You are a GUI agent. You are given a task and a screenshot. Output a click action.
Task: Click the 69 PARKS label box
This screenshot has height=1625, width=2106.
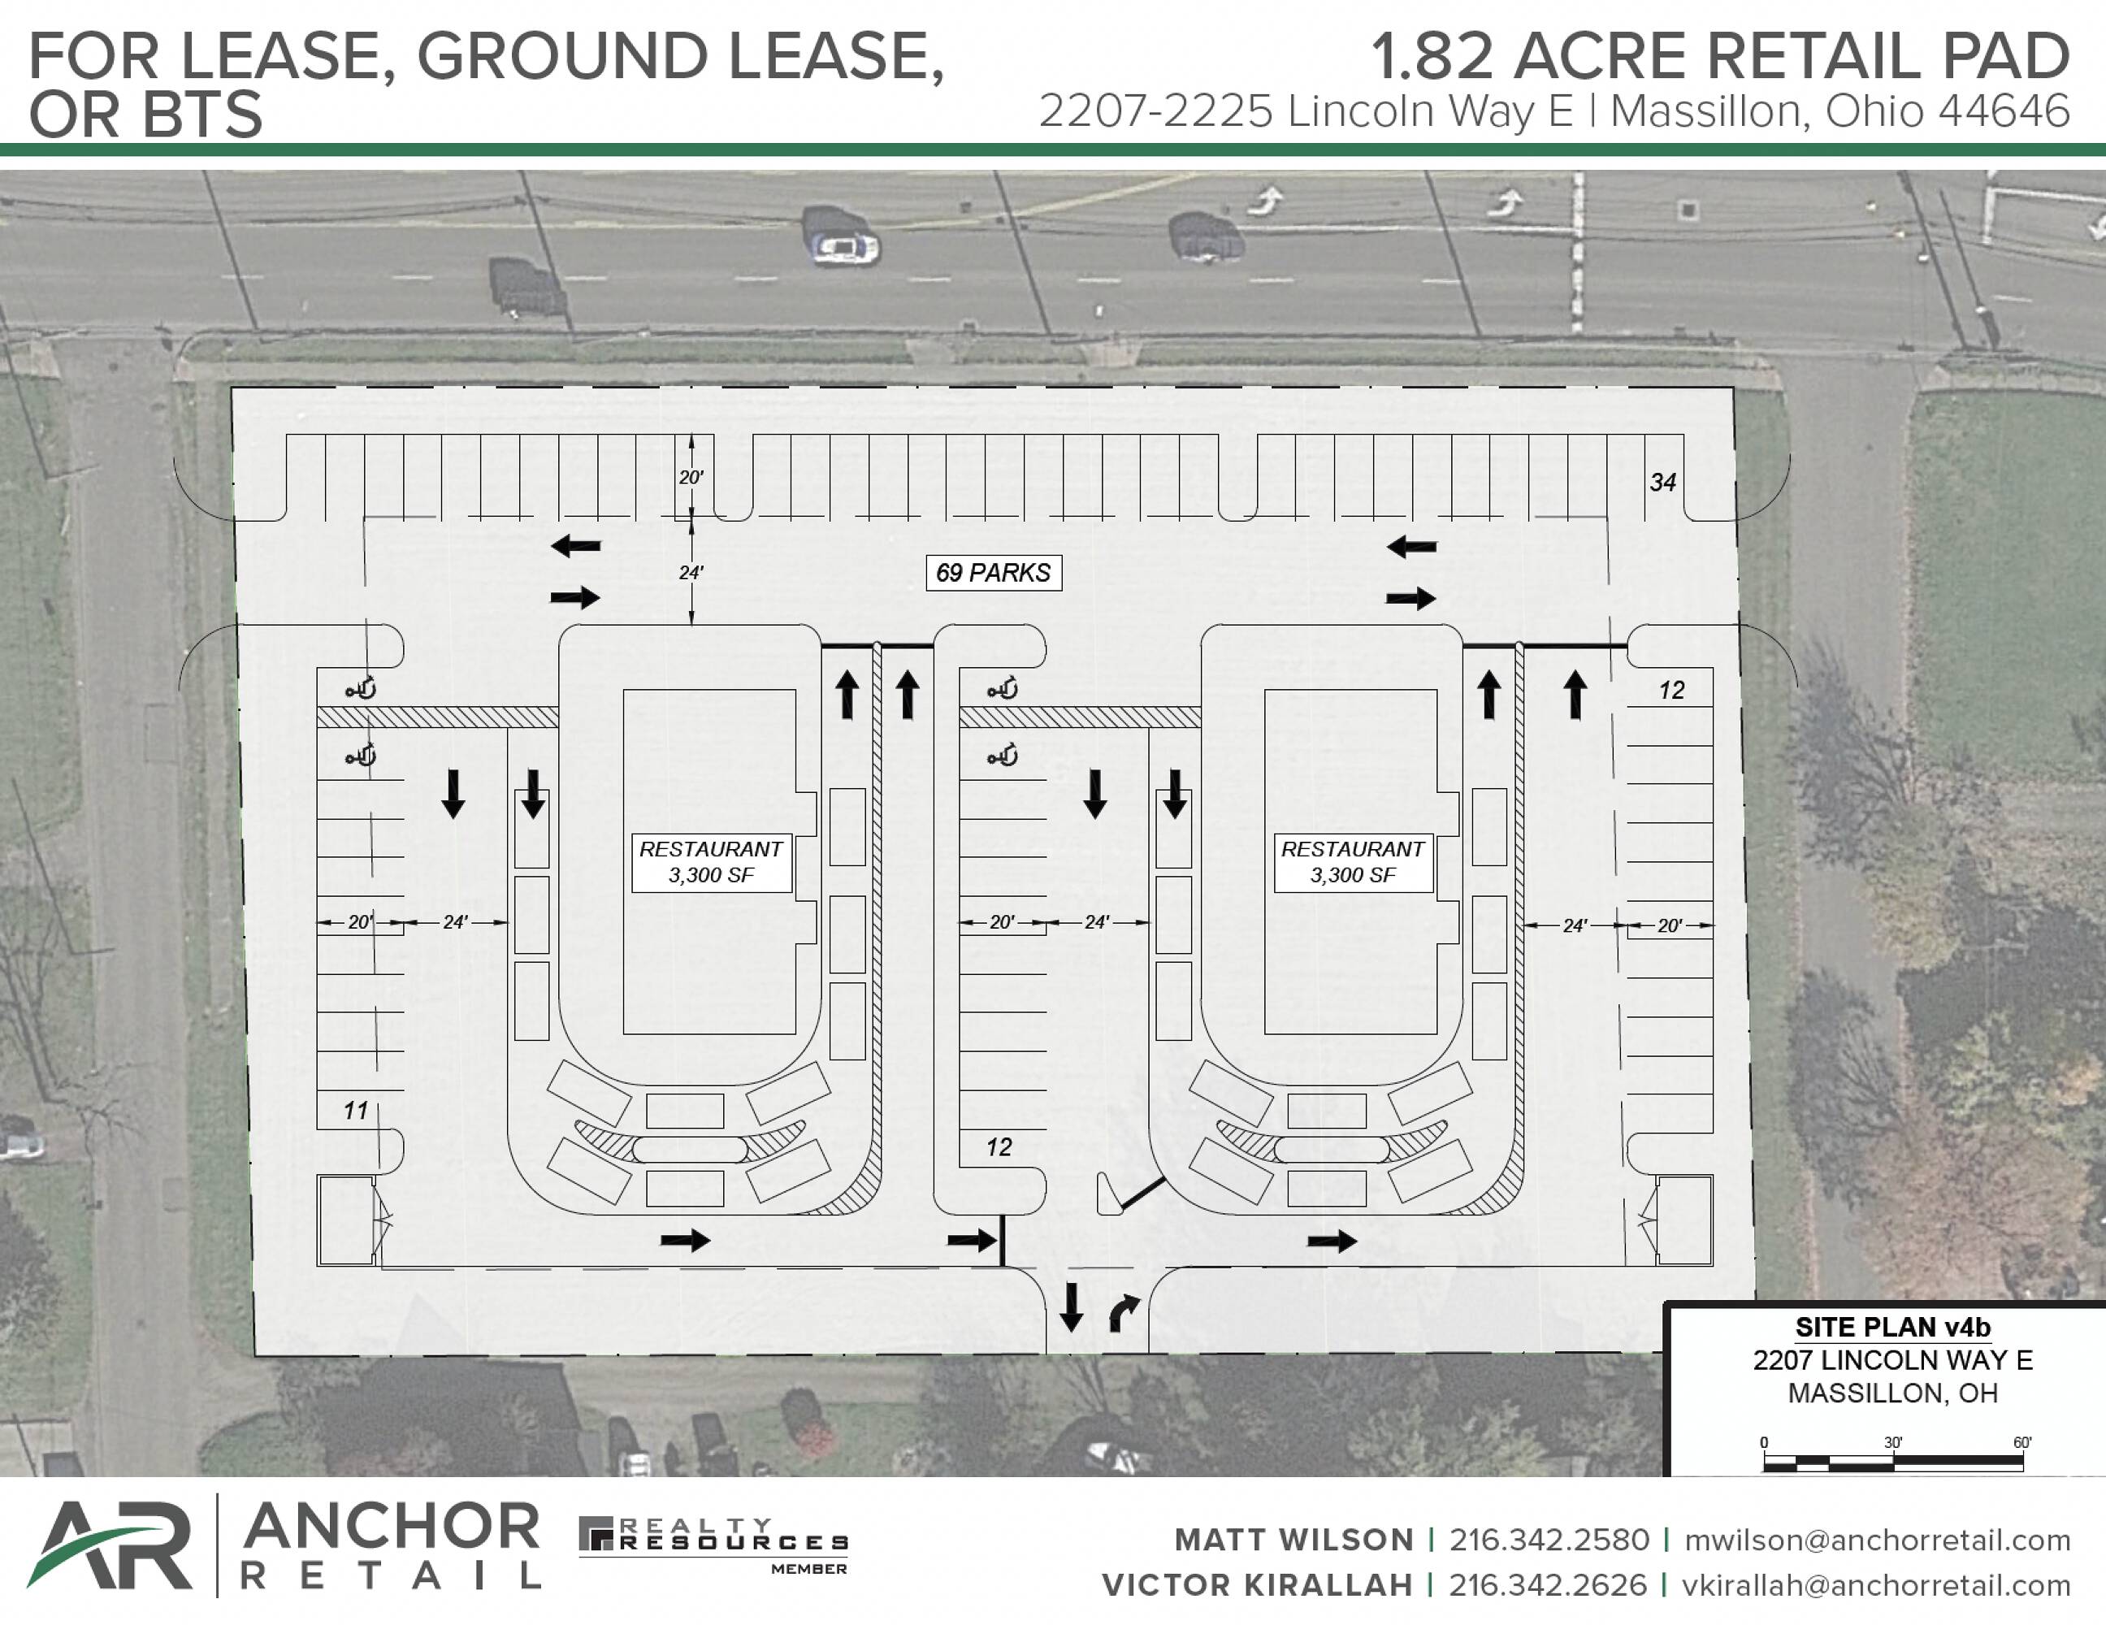tap(993, 573)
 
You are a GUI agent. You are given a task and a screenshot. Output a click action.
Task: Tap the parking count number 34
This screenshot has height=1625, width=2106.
tap(1662, 482)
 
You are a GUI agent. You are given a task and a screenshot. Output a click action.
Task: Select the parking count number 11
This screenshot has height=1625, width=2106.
tap(356, 1111)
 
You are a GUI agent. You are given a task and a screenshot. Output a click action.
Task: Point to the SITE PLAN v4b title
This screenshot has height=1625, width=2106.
tap(1892, 1327)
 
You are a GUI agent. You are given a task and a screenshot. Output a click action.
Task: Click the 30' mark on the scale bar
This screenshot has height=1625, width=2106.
tap(1893, 1443)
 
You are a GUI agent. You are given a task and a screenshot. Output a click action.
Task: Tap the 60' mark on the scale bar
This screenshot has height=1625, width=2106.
tap(2022, 1443)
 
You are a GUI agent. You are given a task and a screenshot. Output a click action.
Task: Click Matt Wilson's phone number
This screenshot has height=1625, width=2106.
tap(1549, 1540)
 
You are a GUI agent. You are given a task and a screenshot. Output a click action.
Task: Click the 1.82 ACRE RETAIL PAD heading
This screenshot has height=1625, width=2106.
tap(1720, 57)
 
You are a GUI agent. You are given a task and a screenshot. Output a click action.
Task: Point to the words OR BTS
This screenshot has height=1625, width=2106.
tap(145, 115)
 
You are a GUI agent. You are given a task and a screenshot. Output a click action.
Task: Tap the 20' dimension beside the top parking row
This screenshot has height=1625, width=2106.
tap(691, 478)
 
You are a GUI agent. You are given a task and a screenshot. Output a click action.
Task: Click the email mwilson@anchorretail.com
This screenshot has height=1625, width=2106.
tap(1878, 1540)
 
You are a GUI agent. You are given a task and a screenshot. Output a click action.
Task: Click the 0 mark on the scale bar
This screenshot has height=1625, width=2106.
tap(1764, 1443)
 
